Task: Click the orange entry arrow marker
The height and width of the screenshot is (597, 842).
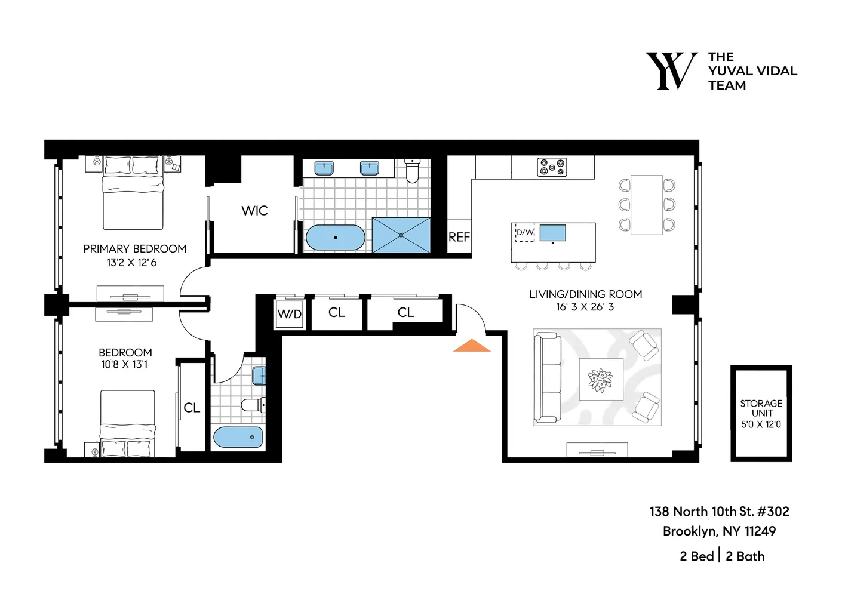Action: [x=472, y=346]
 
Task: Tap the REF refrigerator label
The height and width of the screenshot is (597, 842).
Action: [x=459, y=237]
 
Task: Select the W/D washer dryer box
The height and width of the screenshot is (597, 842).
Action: [x=290, y=314]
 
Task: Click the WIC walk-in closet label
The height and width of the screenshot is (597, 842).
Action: [x=254, y=211]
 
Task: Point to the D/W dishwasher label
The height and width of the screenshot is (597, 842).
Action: [x=525, y=232]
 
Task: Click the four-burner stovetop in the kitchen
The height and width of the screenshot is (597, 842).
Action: [x=552, y=167]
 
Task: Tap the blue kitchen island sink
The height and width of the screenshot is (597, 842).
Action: [x=552, y=233]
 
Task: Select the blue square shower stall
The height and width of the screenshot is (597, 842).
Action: [x=401, y=235]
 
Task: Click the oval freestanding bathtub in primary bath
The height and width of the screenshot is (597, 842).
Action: [x=335, y=238]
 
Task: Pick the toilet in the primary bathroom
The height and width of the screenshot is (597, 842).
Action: [x=412, y=171]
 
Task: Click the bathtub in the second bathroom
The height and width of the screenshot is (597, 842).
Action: [x=238, y=437]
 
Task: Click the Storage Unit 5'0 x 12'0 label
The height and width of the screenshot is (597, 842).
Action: [x=761, y=414]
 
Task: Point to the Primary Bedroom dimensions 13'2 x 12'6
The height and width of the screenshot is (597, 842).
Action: [x=131, y=263]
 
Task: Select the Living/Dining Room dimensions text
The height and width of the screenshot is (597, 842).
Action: [x=585, y=307]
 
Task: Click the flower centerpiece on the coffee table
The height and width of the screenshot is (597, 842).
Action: [x=600, y=380]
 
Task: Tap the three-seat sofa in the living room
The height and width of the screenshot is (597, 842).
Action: [x=548, y=377]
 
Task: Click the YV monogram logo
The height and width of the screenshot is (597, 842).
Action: [x=671, y=71]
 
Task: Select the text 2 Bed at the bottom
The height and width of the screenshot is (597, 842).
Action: [x=696, y=556]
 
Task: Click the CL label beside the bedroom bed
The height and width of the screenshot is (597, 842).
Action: [x=192, y=408]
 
